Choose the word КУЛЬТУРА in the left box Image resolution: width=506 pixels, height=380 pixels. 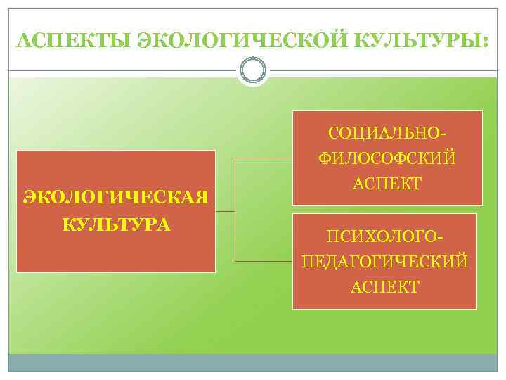point(116,224)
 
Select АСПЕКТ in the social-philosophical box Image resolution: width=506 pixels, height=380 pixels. point(387,184)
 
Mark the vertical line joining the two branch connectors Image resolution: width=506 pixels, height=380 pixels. point(235,210)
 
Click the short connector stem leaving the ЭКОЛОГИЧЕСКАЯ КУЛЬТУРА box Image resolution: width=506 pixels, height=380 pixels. point(225,210)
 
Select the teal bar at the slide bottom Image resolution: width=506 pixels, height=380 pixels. point(253,362)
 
